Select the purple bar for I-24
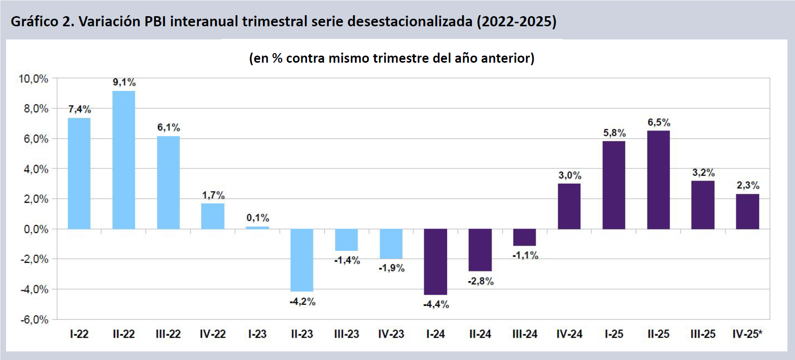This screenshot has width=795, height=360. [435, 261]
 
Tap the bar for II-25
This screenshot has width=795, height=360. [658, 179]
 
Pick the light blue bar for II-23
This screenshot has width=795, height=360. [302, 260]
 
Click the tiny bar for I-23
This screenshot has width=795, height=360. [257, 228]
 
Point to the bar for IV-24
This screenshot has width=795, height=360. [569, 206]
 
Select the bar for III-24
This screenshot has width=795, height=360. [524, 237]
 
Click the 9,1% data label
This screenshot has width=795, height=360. [124, 82]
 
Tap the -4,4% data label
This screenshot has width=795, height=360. [436, 304]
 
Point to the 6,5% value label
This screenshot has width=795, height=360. [659, 122]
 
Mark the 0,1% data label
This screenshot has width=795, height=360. [258, 218]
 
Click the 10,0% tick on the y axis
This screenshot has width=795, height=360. [33, 79]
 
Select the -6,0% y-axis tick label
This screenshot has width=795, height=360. [34, 320]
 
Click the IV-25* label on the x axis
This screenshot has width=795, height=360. [747, 334]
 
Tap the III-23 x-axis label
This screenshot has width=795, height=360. [346, 334]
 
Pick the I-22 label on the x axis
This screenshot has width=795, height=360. [79, 334]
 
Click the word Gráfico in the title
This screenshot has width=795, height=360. [34, 21]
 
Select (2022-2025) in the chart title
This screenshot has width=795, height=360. [516, 21]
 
